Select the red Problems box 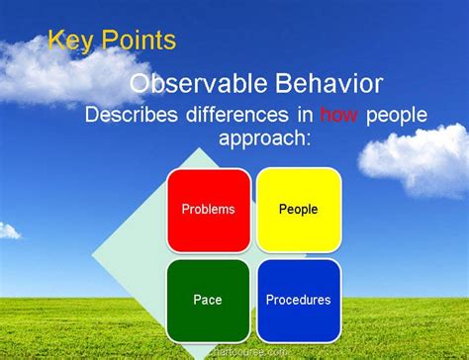click(208, 210)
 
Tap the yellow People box click(298, 210)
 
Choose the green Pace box click(208, 300)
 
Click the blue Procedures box click(298, 300)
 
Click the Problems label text click(208, 210)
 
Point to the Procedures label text click(298, 300)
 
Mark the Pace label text click(208, 300)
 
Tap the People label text click(298, 210)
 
